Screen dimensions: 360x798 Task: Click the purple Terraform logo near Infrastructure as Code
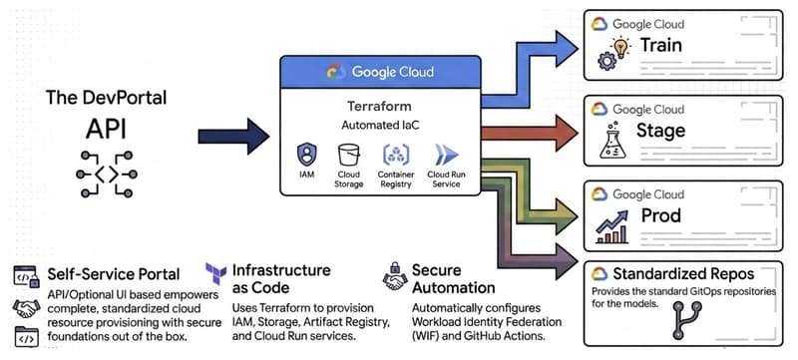point(214,273)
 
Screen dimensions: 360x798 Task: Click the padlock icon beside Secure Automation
point(394,269)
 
